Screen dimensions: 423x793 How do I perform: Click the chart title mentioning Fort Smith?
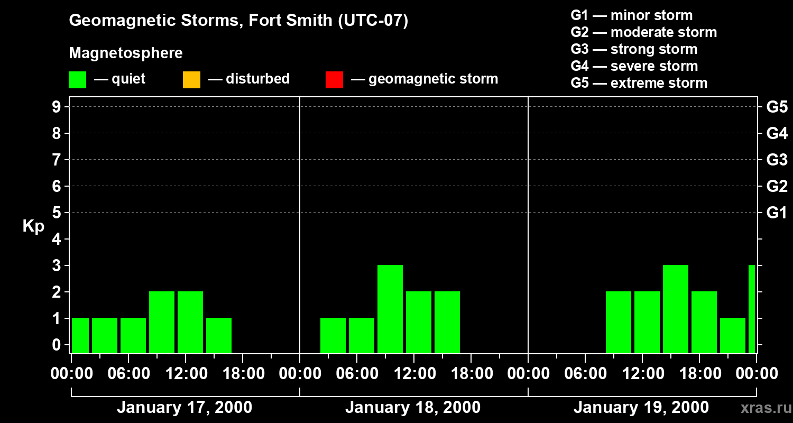click(x=238, y=21)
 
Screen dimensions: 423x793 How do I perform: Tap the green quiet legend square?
click(x=78, y=80)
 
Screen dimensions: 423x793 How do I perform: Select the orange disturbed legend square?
click(x=191, y=80)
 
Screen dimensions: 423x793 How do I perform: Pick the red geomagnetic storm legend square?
click(x=334, y=80)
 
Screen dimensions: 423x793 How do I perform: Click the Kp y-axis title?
click(x=33, y=226)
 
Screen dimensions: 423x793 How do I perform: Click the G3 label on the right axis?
click(x=777, y=160)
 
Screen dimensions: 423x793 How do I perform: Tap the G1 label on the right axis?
click(x=777, y=213)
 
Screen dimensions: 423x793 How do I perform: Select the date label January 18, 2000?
click(x=413, y=408)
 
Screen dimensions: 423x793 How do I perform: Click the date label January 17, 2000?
click(x=185, y=408)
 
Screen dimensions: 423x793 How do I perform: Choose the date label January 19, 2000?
click(x=641, y=408)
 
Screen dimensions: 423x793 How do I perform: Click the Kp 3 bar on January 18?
click(x=390, y=309)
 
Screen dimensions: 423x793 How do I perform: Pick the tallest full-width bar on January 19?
click(x=676, y=309)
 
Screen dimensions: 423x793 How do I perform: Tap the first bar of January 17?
click(x=80, y=335)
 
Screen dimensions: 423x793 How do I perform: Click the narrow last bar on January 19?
click(x=752, y=309)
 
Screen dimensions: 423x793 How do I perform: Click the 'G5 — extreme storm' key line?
click(x=639, y=83)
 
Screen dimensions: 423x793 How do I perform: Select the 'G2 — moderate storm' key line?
click(x=644, y=32)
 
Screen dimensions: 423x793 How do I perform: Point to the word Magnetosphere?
click(x=126, y=53)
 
